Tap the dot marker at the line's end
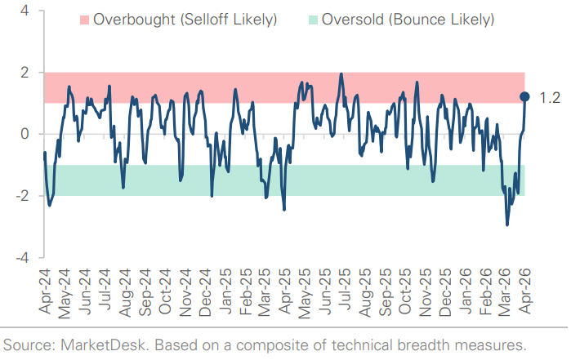[525, 97]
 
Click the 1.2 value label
[550, 98]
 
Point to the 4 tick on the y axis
[26, 11]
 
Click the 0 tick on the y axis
[26, 134]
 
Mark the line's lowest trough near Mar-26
[507, 225]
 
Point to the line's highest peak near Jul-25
[341, 74]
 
